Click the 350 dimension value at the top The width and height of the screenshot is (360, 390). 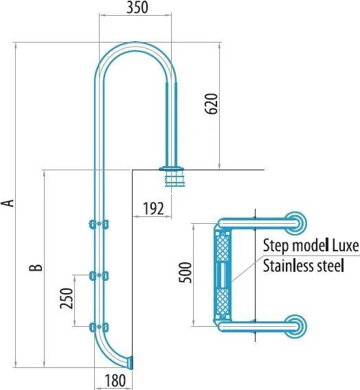137,8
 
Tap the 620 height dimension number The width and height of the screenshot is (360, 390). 211,104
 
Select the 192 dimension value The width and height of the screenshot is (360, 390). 153,209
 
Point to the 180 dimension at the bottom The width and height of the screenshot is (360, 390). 115,380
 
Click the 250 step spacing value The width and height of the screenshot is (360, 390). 67,298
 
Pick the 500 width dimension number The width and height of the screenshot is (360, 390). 186,273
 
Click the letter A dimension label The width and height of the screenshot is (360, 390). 8,203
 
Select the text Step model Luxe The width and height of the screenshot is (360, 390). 311,246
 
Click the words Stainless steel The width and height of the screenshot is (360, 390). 304,266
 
